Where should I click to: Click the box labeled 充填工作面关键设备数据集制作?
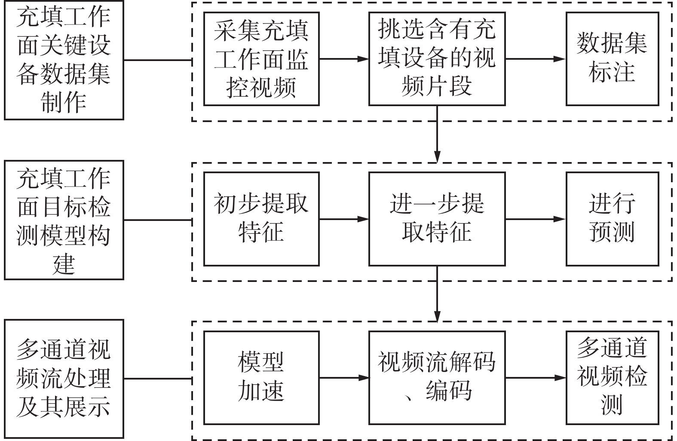click(x=64, y=60)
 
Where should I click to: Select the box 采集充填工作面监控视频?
click(x=261, y=59)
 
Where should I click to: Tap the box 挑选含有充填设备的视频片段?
click(x=437, y=59)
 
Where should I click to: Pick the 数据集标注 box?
click(x=612, y=59)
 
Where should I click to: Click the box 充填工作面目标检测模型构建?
click(x=64, y=220)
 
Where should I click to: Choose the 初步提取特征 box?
click(x=261, y=219)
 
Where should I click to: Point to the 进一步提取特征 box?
click(x=437, y=219)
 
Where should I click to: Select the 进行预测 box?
click(x=612, y=219)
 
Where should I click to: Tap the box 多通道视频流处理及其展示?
click(x=64, y=379)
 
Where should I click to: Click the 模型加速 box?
click(x=261, y=378)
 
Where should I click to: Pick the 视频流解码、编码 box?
click(x=437, y=378)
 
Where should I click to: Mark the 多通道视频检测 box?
click(x=612, y=378)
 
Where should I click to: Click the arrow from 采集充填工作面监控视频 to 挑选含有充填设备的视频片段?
click(x=344, y=59)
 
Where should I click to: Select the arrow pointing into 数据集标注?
click(x=535, y=59)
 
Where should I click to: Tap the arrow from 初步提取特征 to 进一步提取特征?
click(x=344, y=219)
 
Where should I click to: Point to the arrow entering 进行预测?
click(x=535, y=219)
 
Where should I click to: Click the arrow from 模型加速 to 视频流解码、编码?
click(x=344, y=378)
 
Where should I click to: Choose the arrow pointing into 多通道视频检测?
click(x=535, y=378)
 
